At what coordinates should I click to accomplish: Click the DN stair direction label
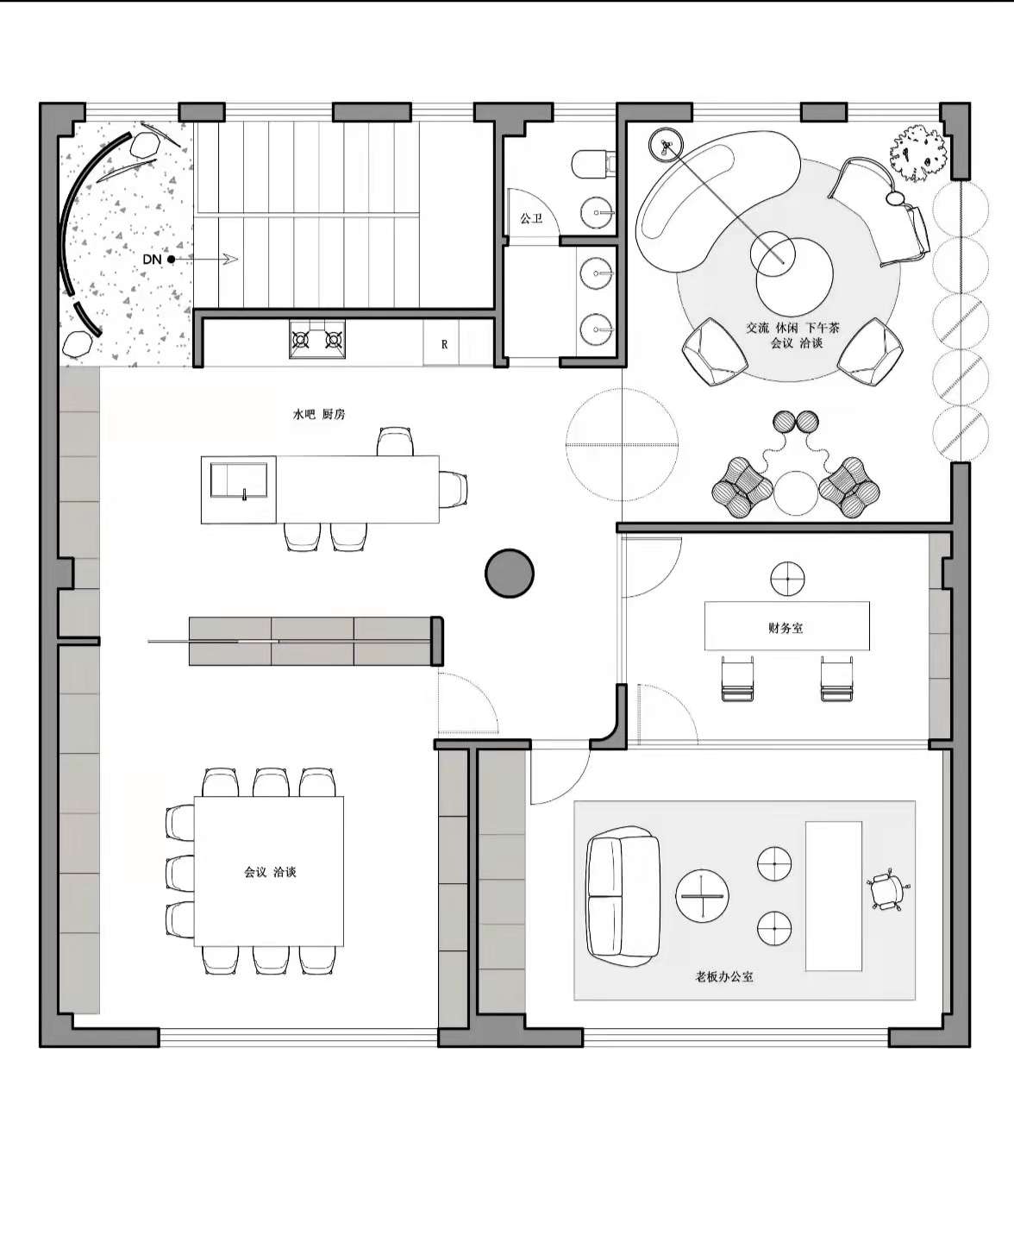coord(152,259)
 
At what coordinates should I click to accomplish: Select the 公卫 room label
coord(531,218)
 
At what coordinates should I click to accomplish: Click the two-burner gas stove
coord(317,339)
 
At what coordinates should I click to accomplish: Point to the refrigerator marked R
coord(445,344)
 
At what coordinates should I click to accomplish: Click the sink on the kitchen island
coord(239,480)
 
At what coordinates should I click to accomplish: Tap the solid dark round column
coord(509,573)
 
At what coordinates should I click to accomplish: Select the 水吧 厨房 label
coord(319,415)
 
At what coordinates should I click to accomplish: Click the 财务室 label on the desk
coord(786,628)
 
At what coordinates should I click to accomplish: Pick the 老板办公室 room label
coord(724,976)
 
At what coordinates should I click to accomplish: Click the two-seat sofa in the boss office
coord(623,896)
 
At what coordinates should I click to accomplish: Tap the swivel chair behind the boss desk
coord(887,889)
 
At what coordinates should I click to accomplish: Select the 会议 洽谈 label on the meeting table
coord(270,872)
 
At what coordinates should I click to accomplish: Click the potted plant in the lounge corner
coord(919,154)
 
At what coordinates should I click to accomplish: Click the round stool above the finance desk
coord(787,579)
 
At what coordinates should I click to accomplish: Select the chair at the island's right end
coord(454,490)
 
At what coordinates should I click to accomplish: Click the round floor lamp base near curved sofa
coord(666,145)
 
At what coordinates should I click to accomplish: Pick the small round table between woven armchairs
coord(796,493)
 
